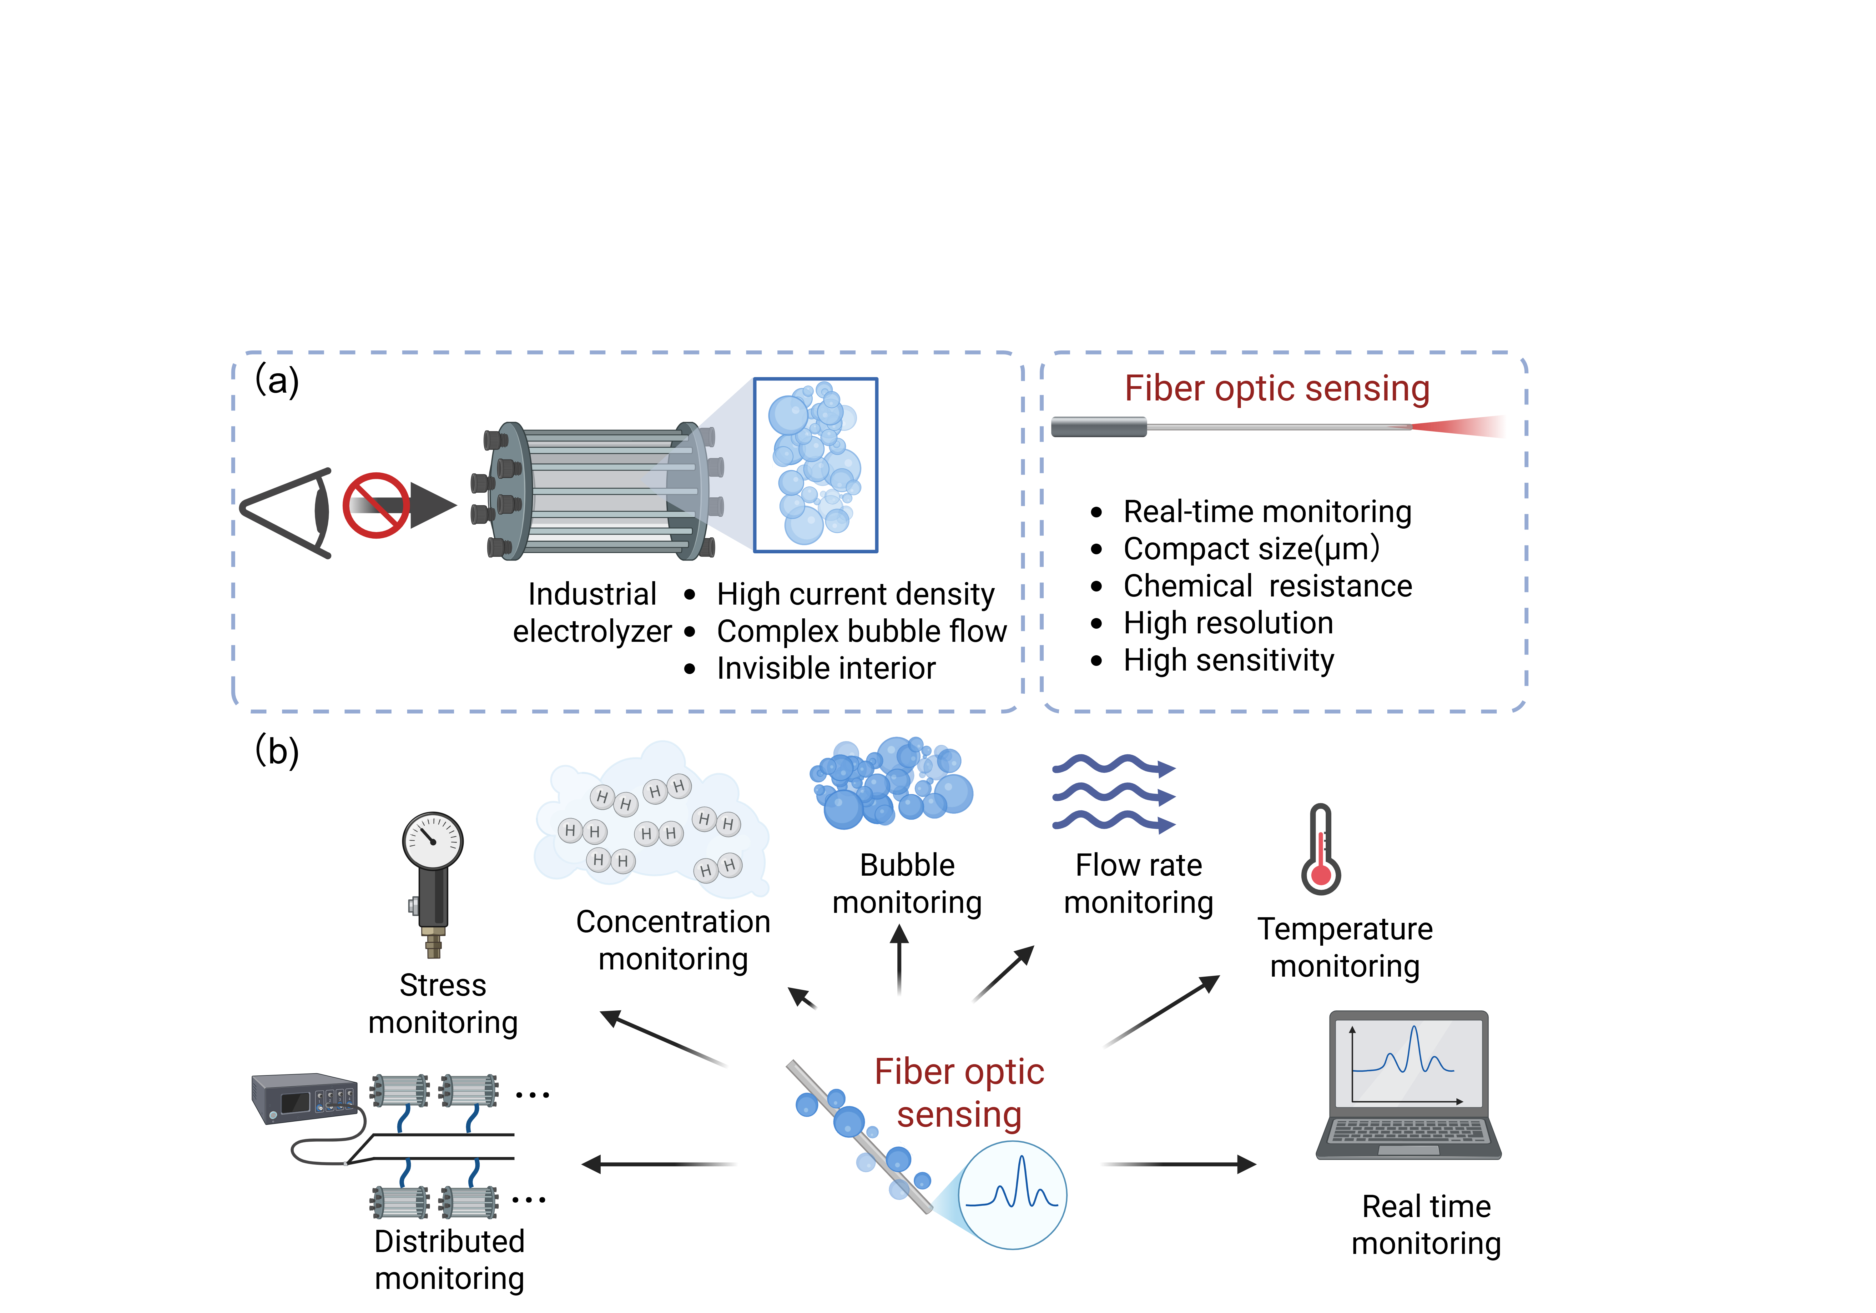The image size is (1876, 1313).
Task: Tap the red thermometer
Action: tap(1320, 850)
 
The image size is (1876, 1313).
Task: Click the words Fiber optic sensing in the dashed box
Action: tap(1276, 389)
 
